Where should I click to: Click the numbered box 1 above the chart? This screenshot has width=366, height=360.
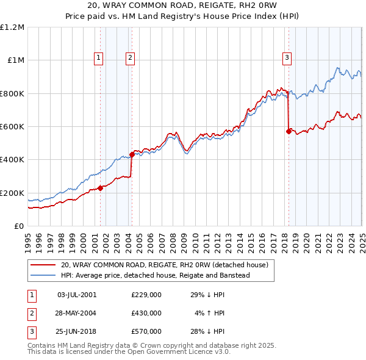tap(99, 58)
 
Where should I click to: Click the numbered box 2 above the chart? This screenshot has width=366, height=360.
tap(131, 58)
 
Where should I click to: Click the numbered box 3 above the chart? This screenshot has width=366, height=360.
tap(287, 58)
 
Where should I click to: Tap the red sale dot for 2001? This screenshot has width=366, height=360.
tap(100, 188)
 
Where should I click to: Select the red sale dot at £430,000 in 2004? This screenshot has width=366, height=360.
tap(132, 154)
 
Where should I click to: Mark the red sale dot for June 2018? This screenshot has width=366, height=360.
tap(289, 131)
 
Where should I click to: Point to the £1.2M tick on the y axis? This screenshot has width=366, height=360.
tap(12, 27)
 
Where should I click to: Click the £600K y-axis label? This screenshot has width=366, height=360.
tap(12, 127)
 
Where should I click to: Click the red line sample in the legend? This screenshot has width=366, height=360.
tap(43, 265)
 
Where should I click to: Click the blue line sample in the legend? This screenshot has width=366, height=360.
tap(43, 275)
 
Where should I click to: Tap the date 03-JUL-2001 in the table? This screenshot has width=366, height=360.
tap(77, 295)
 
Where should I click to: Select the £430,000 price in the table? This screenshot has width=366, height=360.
tap(146, 313)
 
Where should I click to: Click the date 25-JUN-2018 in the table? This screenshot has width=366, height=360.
tap(77, 331)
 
